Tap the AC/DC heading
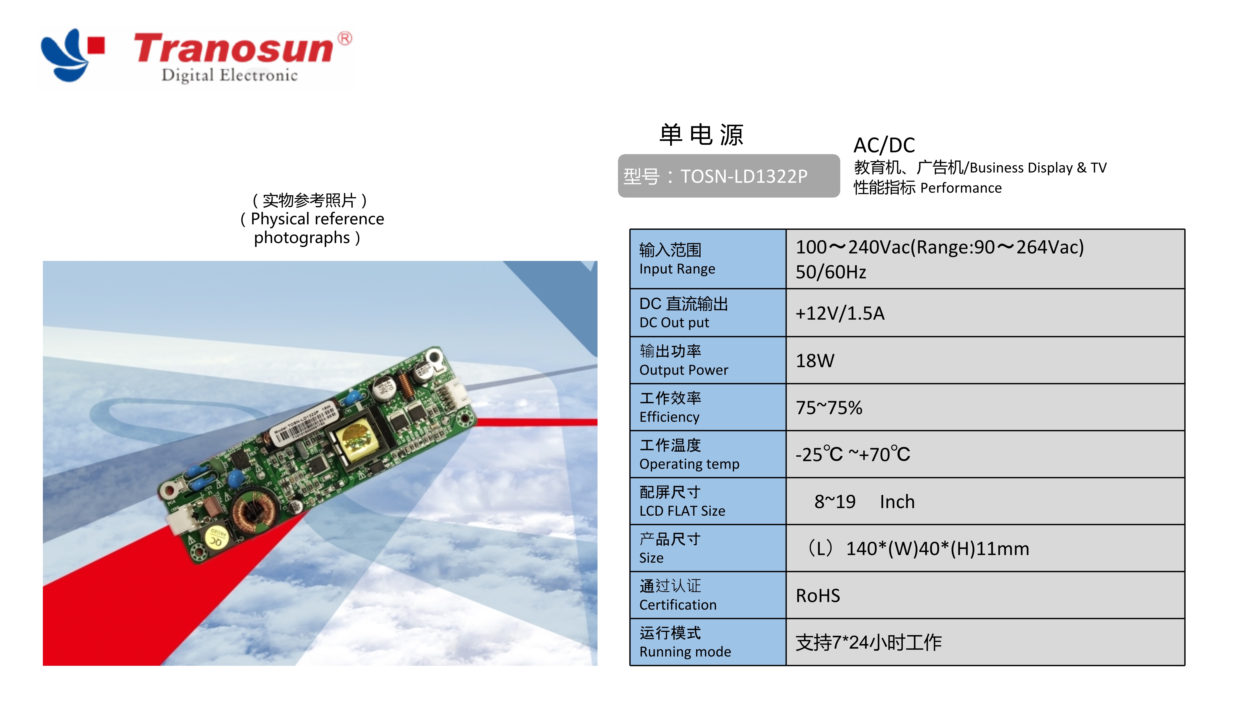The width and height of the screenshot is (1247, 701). tap(884, 145)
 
